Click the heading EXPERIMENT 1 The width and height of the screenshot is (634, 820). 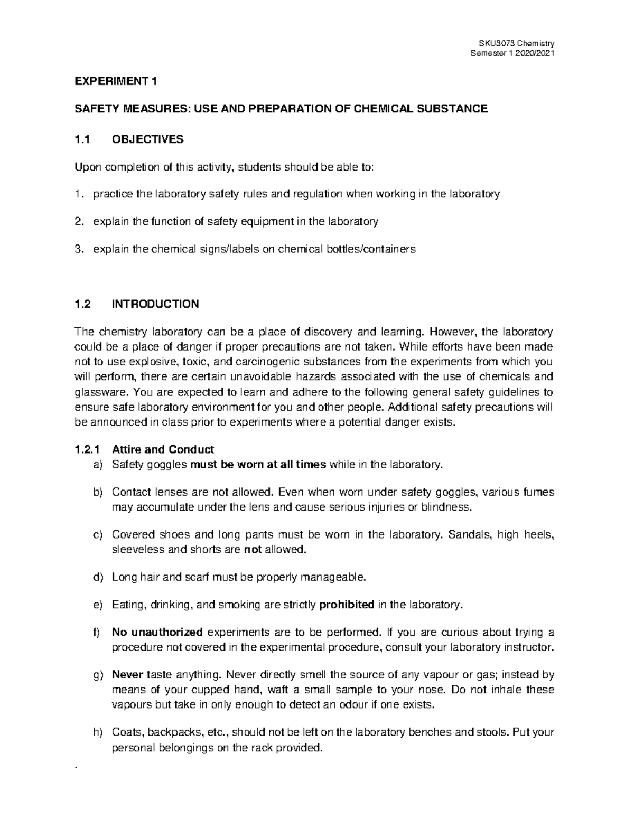click(116, 81)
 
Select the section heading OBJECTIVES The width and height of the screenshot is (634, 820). click(147, 139)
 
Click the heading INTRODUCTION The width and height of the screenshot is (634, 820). click(155, 304)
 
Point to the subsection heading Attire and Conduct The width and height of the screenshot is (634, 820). click(163, 450)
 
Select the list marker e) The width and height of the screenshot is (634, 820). click(97, 605)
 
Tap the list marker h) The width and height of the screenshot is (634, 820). click(97, 733)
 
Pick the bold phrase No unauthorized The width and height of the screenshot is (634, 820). click(157, 633)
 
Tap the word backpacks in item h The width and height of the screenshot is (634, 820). click(174, 733)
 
